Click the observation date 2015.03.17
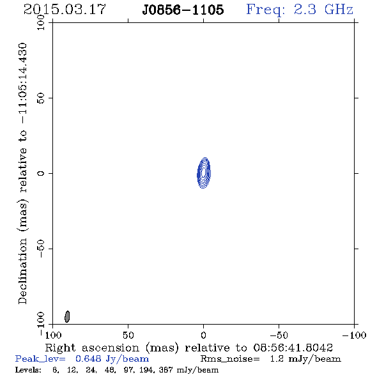pos(65,10)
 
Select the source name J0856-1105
pos(183,10)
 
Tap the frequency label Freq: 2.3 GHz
pos(300,10)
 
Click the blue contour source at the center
pos(204,173)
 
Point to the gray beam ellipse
pos(67,317)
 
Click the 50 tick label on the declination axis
pos(41,98)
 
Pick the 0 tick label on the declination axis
pos(41,173)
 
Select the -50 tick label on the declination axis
pos(41,249)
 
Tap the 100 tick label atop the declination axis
pos(41,22)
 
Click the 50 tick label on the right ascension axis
pos(128,335)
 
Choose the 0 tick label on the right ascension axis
pos(203,335)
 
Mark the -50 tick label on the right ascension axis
pos(279,335)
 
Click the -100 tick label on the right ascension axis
pos(354,335)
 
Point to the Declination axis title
pos(22,173)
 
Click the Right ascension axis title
pos(112,348)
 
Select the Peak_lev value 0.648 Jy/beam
pos(112,359)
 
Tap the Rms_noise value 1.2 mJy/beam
pos(305,359)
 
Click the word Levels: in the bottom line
pos(28,370)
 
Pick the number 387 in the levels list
pos(165,370)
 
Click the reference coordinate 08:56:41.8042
pos(293,348)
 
